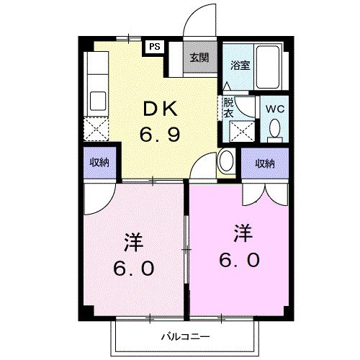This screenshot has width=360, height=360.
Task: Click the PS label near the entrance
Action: [x=155, y=46]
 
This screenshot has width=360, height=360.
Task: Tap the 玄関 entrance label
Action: [x=199, y=58]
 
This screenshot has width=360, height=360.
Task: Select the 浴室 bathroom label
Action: [x=240, y=65]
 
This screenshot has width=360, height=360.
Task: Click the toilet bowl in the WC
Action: [x=274, y=129]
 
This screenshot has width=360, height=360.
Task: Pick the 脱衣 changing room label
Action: [x=228, y=107]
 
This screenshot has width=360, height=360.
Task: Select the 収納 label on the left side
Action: [x=99, y=163]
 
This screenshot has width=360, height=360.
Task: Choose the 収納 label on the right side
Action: [x=264, y=163]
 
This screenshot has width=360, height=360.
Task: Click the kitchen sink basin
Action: [x=96, y=100]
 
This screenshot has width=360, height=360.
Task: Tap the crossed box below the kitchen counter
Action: [x=96, y=130]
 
